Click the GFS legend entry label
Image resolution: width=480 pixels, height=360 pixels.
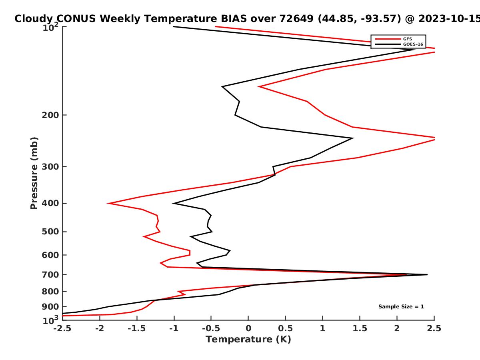coord(407,39)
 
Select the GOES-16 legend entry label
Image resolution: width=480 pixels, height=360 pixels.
coord(413,44)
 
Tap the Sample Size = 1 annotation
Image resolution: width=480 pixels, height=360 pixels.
coord(401,307)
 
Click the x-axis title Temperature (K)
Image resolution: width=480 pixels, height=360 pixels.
coord(248,339)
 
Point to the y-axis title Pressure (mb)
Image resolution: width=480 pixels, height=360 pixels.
coord(34,173)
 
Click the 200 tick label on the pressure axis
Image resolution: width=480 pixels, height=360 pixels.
coord(50,115)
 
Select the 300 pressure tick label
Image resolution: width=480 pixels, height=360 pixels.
coord(50,167)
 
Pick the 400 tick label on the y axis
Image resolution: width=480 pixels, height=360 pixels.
coord(50,203)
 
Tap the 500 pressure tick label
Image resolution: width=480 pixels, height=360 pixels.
coord(50,232)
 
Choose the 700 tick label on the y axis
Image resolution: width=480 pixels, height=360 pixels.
coord(50,275)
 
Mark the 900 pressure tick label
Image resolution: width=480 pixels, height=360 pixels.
coord(50,307)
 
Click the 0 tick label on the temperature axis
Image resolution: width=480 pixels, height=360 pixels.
coord(248,328)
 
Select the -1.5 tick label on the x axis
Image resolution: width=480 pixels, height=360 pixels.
coord(137,328)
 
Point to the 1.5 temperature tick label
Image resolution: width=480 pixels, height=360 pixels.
coord(360,328)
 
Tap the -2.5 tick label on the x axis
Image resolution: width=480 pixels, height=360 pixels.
coord(62,328)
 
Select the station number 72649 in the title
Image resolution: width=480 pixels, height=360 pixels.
coord(296,19)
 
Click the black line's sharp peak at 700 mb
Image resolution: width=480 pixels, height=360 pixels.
coord(427,274)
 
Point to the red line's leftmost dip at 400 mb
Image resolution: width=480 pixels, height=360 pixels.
coord(108,203)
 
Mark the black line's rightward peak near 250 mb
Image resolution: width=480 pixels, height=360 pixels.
coord(353,138)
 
